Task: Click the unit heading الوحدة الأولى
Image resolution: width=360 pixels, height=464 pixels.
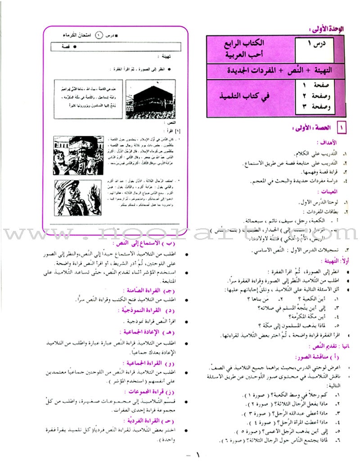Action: pos(330,28)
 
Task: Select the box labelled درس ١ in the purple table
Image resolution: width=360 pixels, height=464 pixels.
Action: pos(315,45)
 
